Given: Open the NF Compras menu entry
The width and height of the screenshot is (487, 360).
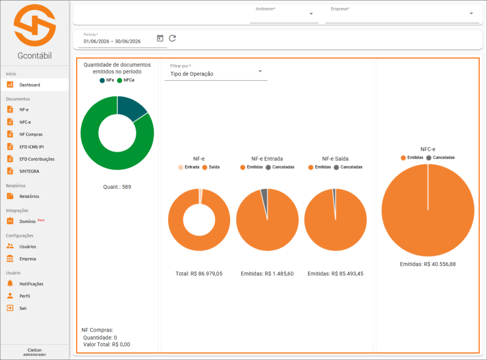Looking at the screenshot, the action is click(x=31, y=135).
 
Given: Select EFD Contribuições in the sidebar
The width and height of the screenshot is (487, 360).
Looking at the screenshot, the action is click(x=37, y=159).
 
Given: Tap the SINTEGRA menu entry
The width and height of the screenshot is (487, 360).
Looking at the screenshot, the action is click(x=29, y=171).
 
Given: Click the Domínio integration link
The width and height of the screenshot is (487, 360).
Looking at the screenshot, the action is click(x=27, y=222).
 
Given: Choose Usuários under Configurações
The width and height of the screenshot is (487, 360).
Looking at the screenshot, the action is click(x=28, y=247).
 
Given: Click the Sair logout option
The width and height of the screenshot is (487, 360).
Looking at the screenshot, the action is click(x=23, y=308).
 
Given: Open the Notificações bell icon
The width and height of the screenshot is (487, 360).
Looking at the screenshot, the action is click(x=10, y=283).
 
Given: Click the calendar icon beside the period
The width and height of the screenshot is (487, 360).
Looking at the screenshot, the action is click(x=160, y=38).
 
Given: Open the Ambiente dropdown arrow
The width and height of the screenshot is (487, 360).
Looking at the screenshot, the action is click(x=311, y=14).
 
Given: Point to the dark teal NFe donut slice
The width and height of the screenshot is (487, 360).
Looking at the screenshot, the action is click(x=131, y=107).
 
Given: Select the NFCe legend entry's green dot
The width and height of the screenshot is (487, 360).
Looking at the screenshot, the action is click(x=119, y=80).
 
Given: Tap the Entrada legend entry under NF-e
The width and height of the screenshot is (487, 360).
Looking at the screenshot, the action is click(x=189, y=167).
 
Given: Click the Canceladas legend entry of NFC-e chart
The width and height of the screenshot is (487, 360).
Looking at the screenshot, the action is click(x=440, y=158).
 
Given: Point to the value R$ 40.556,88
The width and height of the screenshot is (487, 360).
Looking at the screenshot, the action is click(x=440, y=264).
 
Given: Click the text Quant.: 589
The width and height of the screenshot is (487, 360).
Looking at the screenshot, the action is click(x=117, y=187).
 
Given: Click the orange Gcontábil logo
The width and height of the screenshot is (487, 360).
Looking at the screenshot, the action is click(x=35, y=25).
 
